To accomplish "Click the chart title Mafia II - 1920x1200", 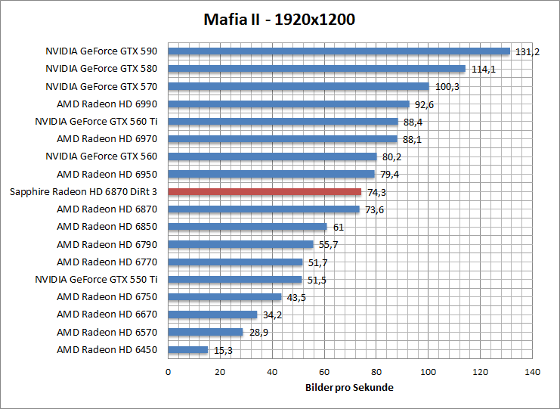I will coord(280,18).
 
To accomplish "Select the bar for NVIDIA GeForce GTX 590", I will coord(339,51).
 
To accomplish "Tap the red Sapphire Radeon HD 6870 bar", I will coord(265,192).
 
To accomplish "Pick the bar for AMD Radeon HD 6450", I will coord(187,350).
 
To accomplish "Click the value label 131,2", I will coord(527,51).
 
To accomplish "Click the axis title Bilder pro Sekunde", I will coord(350,387).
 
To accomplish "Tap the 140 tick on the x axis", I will coord(533,371).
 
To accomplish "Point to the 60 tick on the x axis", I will coord(324,371).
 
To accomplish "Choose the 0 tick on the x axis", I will coord(168,371).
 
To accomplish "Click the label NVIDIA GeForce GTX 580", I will coord(101,69).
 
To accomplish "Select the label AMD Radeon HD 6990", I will coord(107,104).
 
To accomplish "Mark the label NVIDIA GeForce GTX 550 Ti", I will coord(96,280).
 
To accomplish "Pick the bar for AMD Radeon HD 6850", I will coord(247,227).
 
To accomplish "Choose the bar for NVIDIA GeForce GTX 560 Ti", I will coord(283,122).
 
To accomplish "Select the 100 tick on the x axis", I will coord(429,371).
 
